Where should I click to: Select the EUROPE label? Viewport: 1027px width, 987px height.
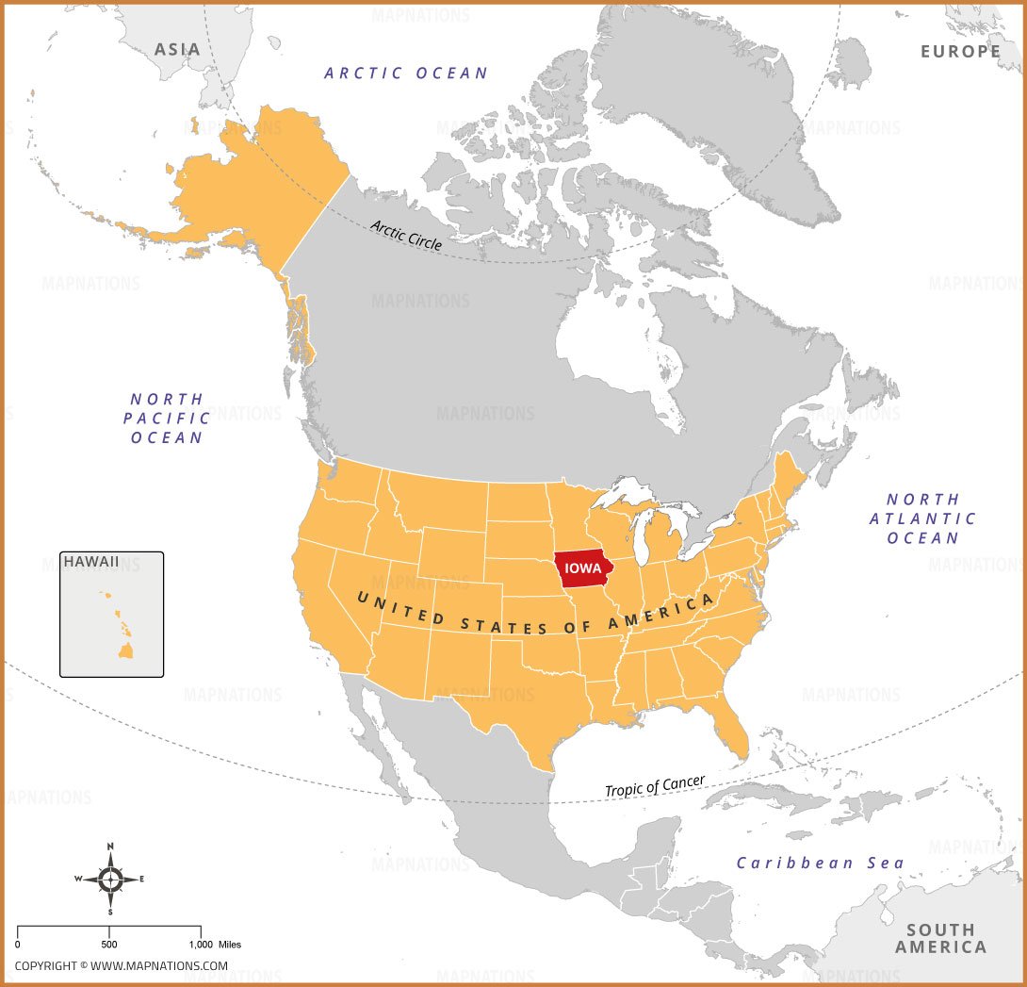(x=960, y=51)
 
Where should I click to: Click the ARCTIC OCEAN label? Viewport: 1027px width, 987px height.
(x=406, y=73)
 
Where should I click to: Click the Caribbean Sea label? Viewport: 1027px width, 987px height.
(x=820, y=863)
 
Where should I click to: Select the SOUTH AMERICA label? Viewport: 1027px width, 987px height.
(x=940, y=938)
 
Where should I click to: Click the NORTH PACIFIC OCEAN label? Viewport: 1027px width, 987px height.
(x=168, y=419)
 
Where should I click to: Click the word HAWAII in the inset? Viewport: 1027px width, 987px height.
(x=91, y=562)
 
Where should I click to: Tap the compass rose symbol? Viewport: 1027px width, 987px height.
(x=110, y=880)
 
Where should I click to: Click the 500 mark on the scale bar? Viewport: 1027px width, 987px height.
(x=109, y=944)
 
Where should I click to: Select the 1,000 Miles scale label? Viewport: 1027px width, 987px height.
(x=216, y=944)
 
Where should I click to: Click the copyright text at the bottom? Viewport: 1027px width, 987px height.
(x=121, y=966)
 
